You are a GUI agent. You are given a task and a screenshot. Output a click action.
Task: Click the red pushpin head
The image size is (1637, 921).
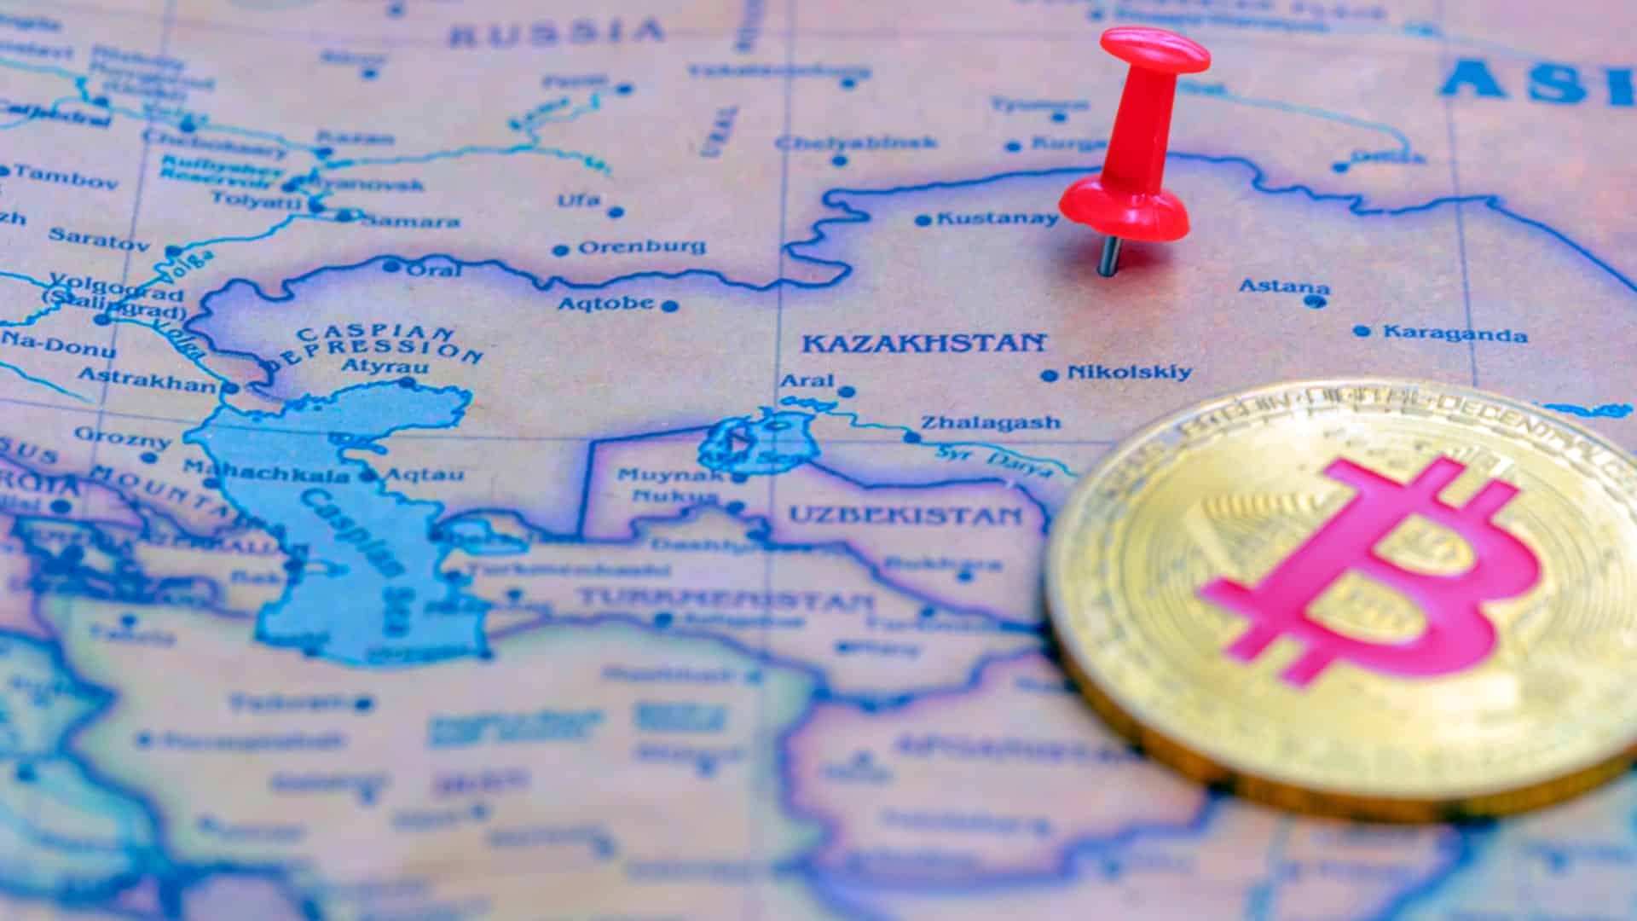[x=1154, y=53]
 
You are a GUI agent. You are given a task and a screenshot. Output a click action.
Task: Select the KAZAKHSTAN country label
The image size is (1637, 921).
[x=923, y=344]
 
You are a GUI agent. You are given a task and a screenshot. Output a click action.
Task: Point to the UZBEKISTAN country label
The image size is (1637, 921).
[x=905, y=514]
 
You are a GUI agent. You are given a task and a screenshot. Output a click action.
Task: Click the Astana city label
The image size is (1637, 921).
[x=1283, y=287]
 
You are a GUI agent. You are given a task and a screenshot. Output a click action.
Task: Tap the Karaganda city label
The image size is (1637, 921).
[x=1455, y=333]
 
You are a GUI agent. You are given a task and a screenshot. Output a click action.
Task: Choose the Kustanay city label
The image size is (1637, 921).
[x=997, y=218]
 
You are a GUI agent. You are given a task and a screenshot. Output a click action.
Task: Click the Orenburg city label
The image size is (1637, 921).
[x=642, y=247]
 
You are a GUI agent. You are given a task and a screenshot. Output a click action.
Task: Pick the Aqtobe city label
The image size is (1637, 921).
[x=606, y=303]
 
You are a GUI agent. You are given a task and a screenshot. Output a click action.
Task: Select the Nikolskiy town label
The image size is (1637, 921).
[x=1129, y=372]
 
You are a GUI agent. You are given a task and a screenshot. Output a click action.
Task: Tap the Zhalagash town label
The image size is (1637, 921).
[x=991, y=422]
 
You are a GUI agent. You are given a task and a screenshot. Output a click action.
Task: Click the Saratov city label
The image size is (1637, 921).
[x=99, y=238]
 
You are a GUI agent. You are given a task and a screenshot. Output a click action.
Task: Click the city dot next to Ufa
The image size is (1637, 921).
[x=616, y=211]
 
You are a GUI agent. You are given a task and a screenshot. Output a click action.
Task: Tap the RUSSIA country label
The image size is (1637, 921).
[x=557, y=32]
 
